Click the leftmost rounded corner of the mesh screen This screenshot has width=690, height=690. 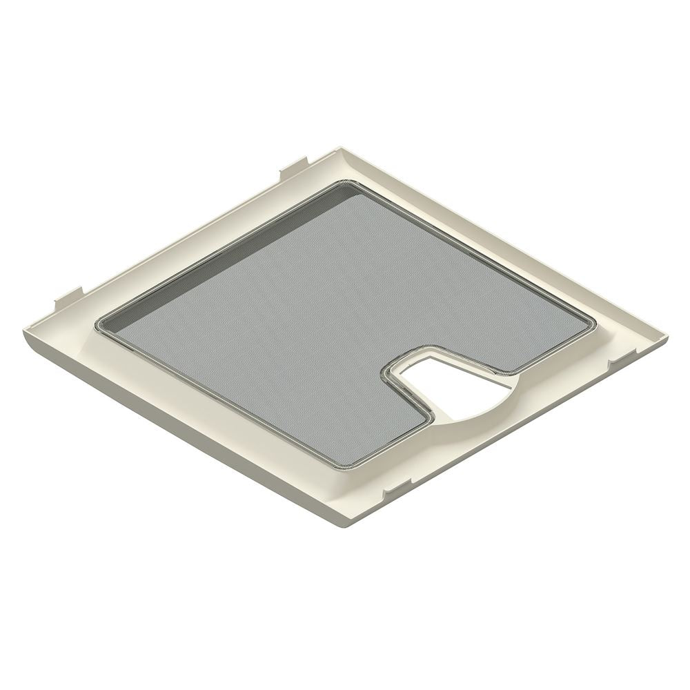(102, 322)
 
